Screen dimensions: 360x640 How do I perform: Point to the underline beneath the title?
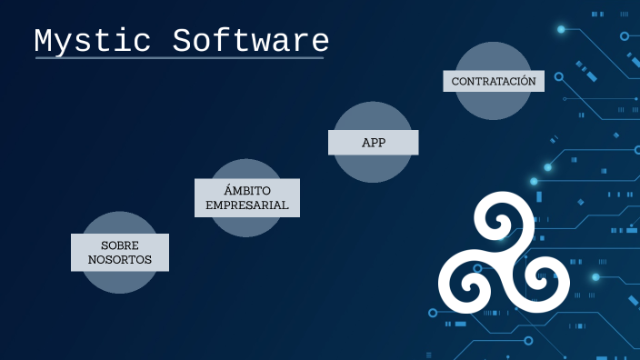(179, 58)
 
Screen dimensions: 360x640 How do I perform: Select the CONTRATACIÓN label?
(494, 81)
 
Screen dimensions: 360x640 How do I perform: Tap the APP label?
(373, 143)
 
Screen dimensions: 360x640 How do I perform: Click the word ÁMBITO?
(247, 190)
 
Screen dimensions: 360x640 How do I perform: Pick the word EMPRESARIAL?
(247, 205)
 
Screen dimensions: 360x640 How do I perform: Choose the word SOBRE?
(120, 245)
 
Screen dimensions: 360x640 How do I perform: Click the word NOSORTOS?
(120, 260)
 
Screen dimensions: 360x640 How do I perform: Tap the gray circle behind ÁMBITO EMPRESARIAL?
(247, 225)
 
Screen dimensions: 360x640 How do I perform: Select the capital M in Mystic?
(45, 42)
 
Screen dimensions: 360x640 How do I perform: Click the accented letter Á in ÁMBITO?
(228, 190)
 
